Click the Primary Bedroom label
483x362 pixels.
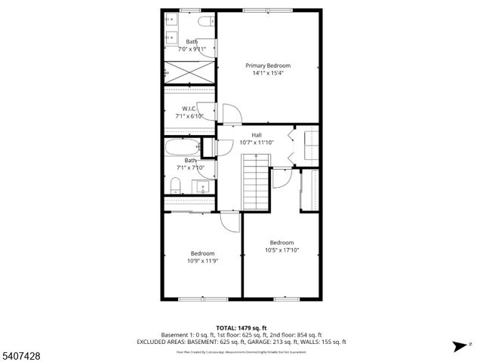tap(268, 66)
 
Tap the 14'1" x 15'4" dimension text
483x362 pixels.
tap(268, 74)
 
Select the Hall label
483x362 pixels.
tap(257, 135)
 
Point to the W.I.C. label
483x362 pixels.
tap(189, 109)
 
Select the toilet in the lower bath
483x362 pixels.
tap(175, 186)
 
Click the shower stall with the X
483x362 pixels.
tap(189, 72)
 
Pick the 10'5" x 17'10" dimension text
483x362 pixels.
tap(281, 250)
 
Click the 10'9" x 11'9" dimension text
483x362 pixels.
tap(202, 261)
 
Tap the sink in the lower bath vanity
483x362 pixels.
tap(202, 186)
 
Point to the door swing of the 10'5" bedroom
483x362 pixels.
tap(280, 178)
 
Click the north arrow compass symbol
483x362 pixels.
tap(457, 346)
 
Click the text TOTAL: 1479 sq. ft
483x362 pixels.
tap(241, 328)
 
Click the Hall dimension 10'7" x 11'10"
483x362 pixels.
tap(257, 143)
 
